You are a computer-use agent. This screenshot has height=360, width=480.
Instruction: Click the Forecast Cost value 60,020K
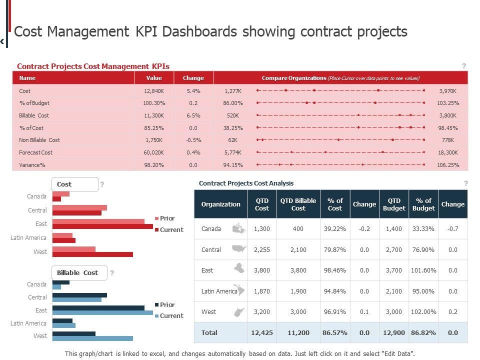154,152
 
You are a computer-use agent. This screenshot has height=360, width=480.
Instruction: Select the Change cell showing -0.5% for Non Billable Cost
193,140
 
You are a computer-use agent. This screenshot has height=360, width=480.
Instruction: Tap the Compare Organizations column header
340,78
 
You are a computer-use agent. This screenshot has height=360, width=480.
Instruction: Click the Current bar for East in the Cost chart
102,226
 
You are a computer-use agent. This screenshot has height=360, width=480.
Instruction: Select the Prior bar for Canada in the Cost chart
60,194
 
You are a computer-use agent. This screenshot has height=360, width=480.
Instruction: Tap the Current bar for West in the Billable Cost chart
92,338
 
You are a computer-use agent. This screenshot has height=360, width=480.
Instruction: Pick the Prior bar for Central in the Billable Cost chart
79,295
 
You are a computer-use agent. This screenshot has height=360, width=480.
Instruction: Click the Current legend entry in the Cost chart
171,230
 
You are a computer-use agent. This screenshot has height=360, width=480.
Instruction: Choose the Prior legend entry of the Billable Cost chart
167,304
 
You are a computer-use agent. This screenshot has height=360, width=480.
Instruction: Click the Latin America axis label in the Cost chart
28,238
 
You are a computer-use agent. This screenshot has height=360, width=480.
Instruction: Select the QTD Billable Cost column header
298,204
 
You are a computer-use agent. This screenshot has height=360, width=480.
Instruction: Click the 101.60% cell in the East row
423,270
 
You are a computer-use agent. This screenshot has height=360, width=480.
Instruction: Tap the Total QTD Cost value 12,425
262,332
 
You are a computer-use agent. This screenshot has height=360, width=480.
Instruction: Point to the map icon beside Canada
239,229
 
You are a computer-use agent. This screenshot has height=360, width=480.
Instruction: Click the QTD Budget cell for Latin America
394,291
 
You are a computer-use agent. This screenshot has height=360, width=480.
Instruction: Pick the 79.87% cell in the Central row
335,249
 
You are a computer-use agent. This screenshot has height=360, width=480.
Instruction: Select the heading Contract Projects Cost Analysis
246,183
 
